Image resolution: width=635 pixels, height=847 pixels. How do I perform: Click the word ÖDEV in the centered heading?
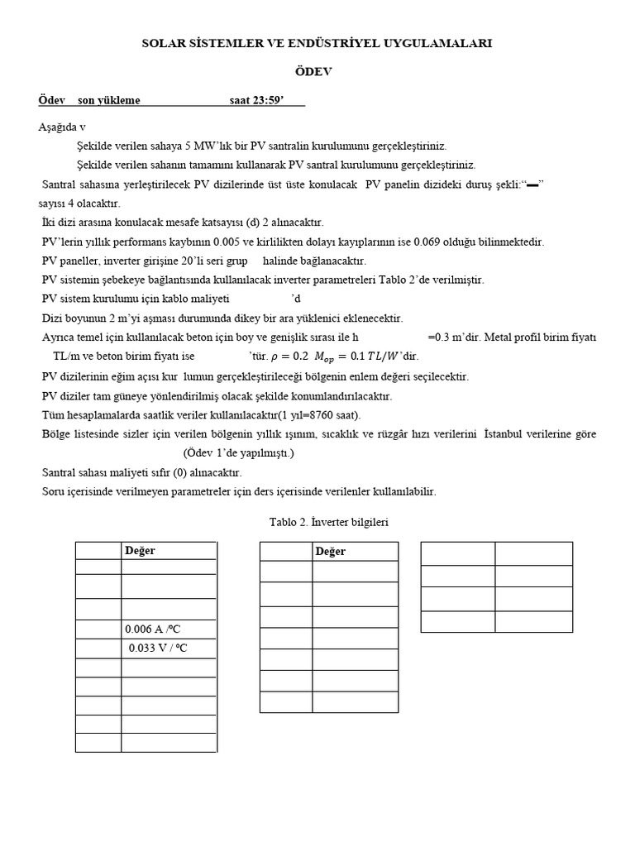coord(317,72)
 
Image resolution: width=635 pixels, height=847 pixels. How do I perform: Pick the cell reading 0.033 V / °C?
coord(159,648)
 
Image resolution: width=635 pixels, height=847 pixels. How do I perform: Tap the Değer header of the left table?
coord(140,551)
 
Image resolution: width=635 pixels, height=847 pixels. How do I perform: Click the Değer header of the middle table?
coord(330,552)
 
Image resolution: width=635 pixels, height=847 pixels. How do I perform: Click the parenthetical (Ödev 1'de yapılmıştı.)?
coord(238,453)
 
